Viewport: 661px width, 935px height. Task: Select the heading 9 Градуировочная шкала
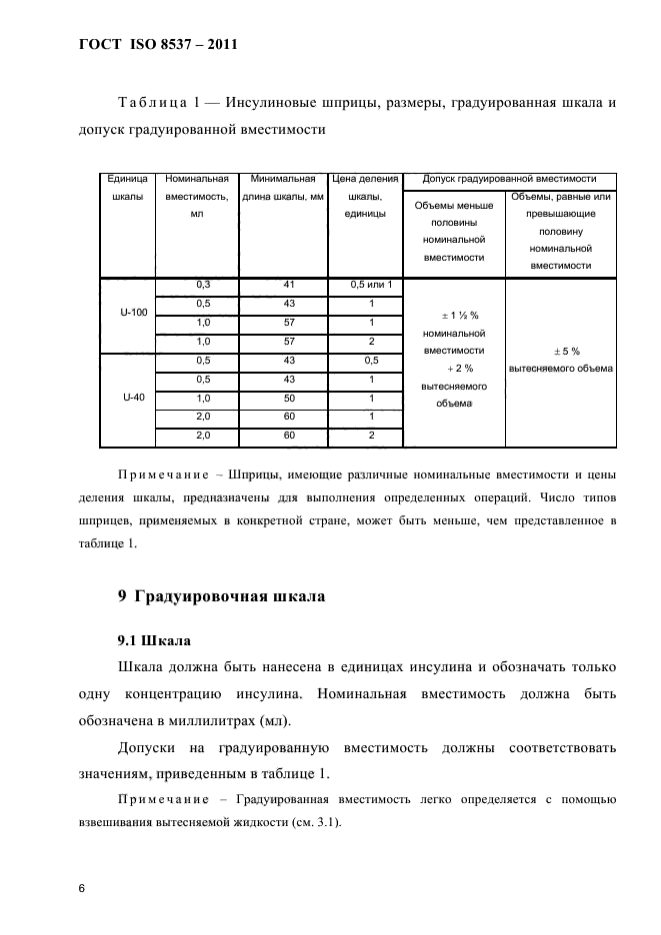tap(221, 597)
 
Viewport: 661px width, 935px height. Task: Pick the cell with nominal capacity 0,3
tap(203, 286)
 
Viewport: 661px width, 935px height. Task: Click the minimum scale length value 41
tap(289, 286)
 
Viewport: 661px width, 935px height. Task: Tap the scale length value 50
tap(289, 397)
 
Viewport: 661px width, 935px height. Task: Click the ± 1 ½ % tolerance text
tap(455, 315)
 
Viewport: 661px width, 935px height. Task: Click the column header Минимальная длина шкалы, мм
tap(284, 188)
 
